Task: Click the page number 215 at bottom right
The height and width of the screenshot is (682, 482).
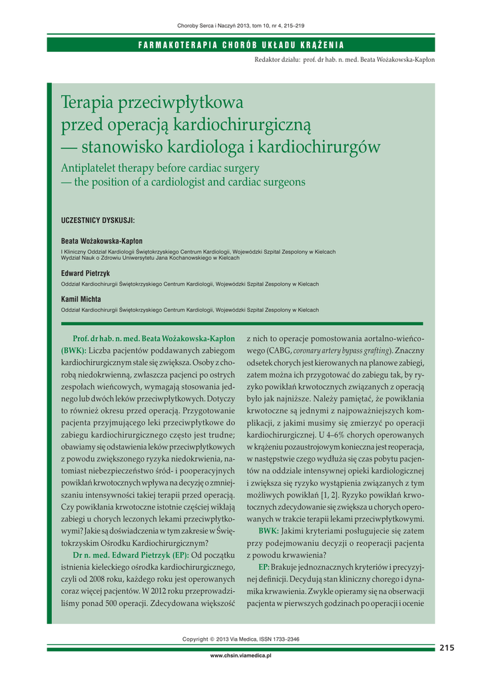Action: (x=447, y=647)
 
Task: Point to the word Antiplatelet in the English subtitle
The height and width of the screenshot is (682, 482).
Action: (x=90, y=168)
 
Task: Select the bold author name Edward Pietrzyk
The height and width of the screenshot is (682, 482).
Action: (x=85, y=274)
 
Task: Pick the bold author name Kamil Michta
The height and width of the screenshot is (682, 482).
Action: (x=81, y=300)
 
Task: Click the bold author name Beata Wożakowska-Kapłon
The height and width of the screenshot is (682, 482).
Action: (x=101, y=241)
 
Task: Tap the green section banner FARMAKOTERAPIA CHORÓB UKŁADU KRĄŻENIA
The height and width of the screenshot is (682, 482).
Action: (x=241, y=45)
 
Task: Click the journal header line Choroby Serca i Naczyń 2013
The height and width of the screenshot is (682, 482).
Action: (x=241, y=25)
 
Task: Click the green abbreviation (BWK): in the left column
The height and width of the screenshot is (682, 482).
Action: (x=74, y=350)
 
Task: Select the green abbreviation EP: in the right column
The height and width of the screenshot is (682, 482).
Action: (x=264, y=566)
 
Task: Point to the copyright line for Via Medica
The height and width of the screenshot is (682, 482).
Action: (x=241, y=639)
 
